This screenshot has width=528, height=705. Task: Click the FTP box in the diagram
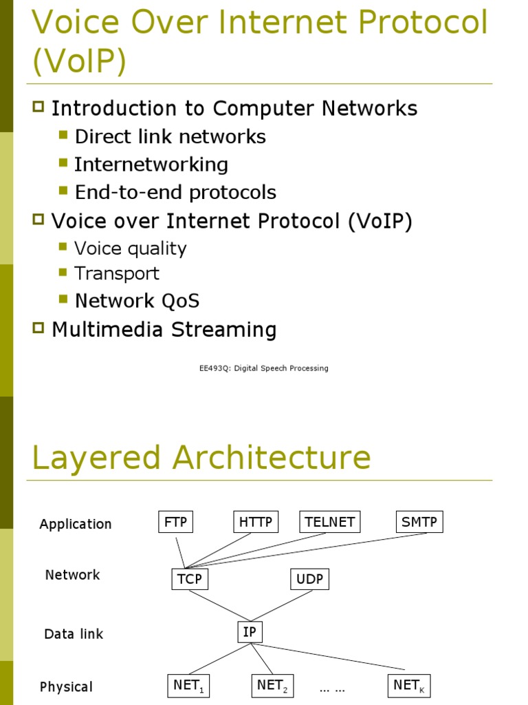(175, 522)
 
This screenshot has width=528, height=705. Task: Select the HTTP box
(256, 522)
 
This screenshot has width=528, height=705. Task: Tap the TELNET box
(330, 522)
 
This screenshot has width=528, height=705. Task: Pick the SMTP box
(419, 522)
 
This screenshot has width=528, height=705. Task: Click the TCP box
(189, 579)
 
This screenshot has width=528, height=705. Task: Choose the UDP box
(309, 579)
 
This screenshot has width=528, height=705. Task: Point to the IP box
(250, 631)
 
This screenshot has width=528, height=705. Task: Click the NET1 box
(189, 686)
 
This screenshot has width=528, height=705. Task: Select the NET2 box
(272, 686)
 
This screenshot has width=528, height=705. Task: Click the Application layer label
(76, 524)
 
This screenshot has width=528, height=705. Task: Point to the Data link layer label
(74, 634)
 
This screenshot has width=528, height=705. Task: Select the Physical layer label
(66, 687)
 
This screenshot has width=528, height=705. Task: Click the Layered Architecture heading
(201, 458)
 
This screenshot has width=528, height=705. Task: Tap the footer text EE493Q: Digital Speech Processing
(263, 368)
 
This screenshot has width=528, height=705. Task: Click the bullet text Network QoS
(137, 301)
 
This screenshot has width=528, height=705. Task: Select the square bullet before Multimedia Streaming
(38, 328)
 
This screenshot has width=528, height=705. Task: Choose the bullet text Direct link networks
(170, 136)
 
